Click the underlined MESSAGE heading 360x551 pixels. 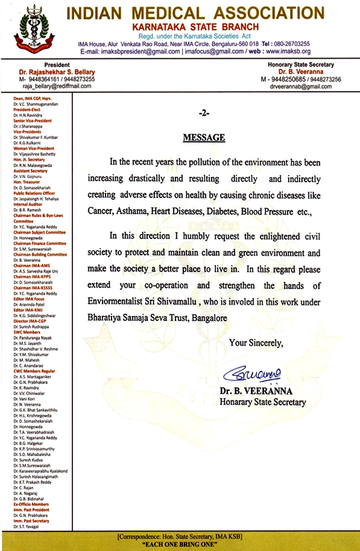coord(203,138)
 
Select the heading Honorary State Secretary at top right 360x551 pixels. coord(302,65)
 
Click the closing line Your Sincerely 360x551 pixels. coord(256,342)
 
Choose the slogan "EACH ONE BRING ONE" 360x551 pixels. coord(180,544)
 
